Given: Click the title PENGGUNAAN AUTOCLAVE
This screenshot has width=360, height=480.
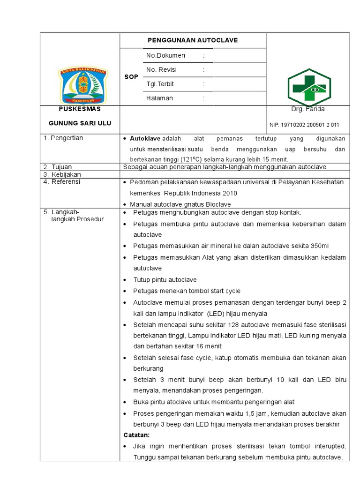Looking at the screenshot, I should pyautogui.click(x=193, y=40).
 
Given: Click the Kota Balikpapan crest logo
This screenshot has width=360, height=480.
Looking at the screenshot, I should pyautogui.click(x=83, y=85).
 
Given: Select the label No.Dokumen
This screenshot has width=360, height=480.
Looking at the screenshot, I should pyautogui.click(x=165, y=55).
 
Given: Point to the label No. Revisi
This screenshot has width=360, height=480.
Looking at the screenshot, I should pyautogui.click(x=164, y=70).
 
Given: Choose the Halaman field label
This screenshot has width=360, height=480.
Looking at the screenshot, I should pyautogui.click(x=159, y=98).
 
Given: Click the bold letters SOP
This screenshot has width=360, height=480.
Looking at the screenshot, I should pyautogui.click(x=131, y=77).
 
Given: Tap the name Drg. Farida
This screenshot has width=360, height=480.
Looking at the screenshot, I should pyautogui.click(x=307, y=109).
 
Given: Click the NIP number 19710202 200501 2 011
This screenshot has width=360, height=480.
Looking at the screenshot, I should pyautogui.click(x=304, y=125).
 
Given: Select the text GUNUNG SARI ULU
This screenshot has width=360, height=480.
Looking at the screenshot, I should pyautogui.click(x=80, y=123).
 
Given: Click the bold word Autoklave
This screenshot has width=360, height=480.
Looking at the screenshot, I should pyautogui.click(x=145, y=139).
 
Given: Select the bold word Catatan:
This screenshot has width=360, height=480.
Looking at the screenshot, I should pyautogui.click(x=136, y=435).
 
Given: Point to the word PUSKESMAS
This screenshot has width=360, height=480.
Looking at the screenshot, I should pyautogui.click(x=80, y=109).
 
